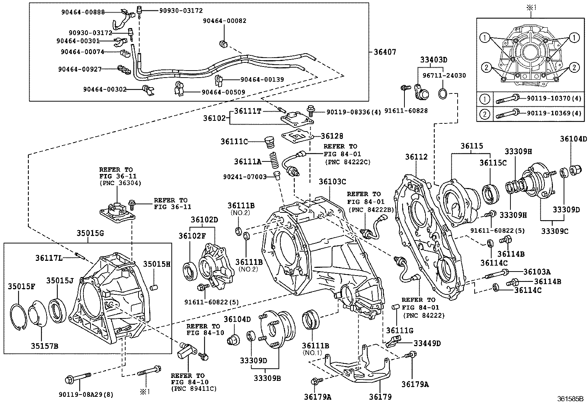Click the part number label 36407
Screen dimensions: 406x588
[x=384, y=52]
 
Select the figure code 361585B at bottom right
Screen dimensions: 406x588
[x=570, y=399]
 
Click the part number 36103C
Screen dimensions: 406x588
[x=332, y=181]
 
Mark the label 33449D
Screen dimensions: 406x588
[x=427, y=343]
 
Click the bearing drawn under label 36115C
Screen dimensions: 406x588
[x=490, y=193]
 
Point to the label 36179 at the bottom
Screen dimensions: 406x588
[x=380, y=397]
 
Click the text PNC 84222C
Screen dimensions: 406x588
[x=348, y=162]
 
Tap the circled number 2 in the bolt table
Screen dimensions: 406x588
[x=485, y=113]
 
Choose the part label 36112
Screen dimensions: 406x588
[x=416, y=157]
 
